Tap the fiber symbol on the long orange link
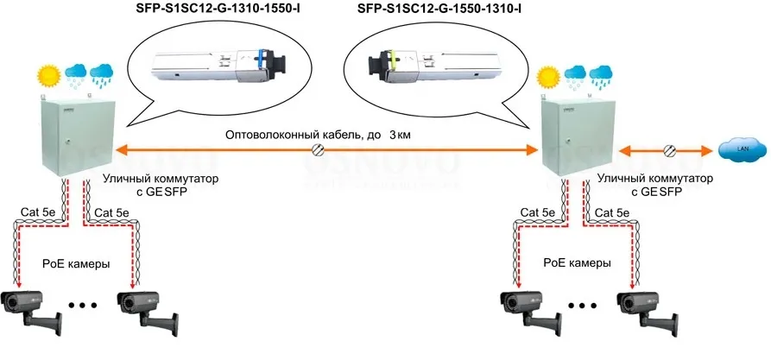coord(318,152)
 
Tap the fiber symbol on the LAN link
coord(669,151)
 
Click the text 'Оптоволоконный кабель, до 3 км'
coord(316,136)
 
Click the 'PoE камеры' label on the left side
coord(77,263)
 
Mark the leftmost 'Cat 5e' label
coord(35,212)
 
